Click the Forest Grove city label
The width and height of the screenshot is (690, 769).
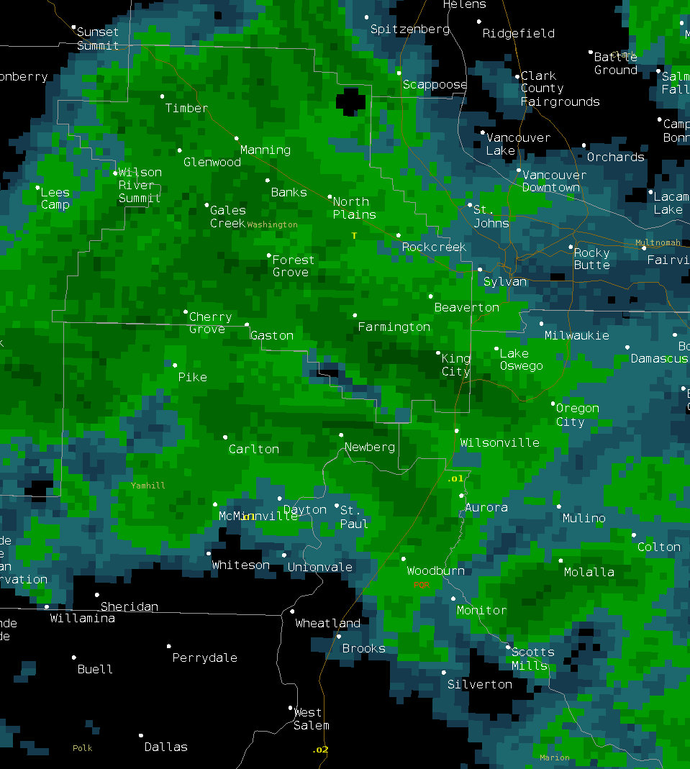[x=293, y=265]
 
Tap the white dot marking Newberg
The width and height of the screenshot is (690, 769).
[x=341, y=434]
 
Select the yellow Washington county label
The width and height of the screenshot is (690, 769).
[x=272, y=224]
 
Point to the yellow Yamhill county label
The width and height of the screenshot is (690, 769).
[x=147, y=486]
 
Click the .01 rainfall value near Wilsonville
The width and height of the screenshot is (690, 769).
[x=455, y=478]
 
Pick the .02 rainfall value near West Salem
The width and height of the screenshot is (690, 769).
[x=320, y=750]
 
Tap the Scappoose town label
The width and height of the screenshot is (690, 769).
[x=435, y=84]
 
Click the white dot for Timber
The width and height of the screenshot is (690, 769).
[x=162, y=96]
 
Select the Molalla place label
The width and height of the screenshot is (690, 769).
[x=589, y=572]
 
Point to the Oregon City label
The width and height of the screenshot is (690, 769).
[x=577, y=415]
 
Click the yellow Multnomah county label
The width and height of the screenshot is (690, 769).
[x=658, y=242]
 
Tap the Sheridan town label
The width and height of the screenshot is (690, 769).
[x=130, y=606]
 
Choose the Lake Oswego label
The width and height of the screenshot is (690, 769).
[x=521, y=360]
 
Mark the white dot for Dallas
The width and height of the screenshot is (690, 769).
[x=141, y=736]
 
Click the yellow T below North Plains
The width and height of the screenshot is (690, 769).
[x=354, y=235]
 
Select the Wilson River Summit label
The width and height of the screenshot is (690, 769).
[x=140, y=185]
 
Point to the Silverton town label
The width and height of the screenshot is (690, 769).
[x=480, y=684]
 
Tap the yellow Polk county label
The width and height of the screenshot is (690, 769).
[x=83, y=748]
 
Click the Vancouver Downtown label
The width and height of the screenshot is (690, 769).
[x=553, y=181]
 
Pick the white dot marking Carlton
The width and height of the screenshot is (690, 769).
[x=225, y=437]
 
